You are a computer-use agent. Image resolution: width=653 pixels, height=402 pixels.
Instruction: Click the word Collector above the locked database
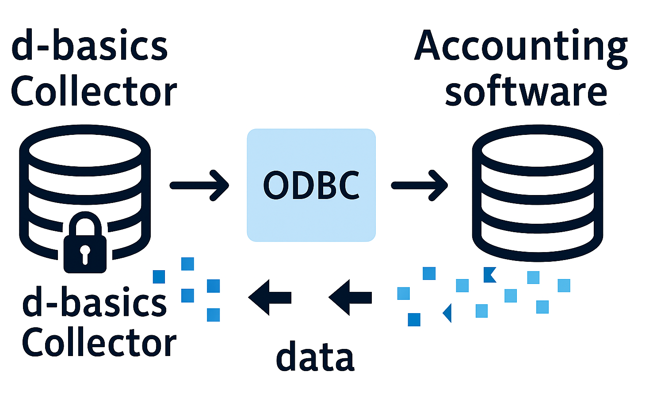(x=94, y=92)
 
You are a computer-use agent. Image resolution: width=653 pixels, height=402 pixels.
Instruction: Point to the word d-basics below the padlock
(x=94, y=302)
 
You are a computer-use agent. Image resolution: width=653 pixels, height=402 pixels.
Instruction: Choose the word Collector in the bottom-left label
(x=99, y=343)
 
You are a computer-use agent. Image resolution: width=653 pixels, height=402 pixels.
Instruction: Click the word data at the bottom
(x=315, y=357)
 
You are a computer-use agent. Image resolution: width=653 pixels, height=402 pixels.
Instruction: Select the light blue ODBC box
(x=311, y=185)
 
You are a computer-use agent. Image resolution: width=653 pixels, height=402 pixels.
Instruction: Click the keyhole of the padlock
(x=85, y=252)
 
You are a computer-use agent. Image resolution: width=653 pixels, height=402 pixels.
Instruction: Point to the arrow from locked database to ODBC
(x=200, y=185)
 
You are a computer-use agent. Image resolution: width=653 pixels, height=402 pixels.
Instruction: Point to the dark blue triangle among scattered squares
(x=447, y=313)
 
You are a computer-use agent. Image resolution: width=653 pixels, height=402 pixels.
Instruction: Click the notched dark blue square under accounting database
(x=489, y=275)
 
